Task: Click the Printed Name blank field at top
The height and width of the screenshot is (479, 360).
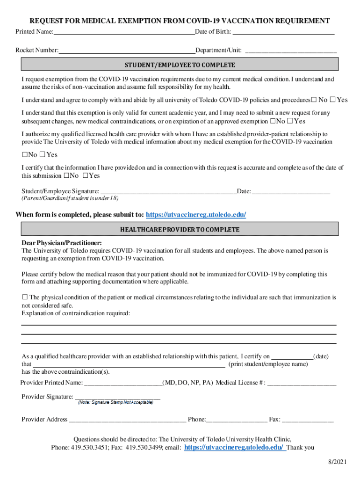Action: [124, 33]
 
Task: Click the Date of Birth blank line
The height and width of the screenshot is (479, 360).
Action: [283, 33]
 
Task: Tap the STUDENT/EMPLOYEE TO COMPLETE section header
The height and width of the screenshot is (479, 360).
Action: [180, 65]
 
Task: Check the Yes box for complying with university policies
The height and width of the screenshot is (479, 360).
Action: [333, 100]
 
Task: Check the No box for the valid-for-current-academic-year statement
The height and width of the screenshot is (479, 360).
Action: [272, 121]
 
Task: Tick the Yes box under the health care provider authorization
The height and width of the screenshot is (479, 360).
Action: [42, 155]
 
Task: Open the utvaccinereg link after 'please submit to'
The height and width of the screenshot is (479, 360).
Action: [196, 215]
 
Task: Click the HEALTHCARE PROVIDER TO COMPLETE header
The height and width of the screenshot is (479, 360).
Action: [180, 229]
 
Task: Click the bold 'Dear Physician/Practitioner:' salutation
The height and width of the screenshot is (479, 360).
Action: [62, 243]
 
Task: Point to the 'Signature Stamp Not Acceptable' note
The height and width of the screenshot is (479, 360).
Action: [115, 403]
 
